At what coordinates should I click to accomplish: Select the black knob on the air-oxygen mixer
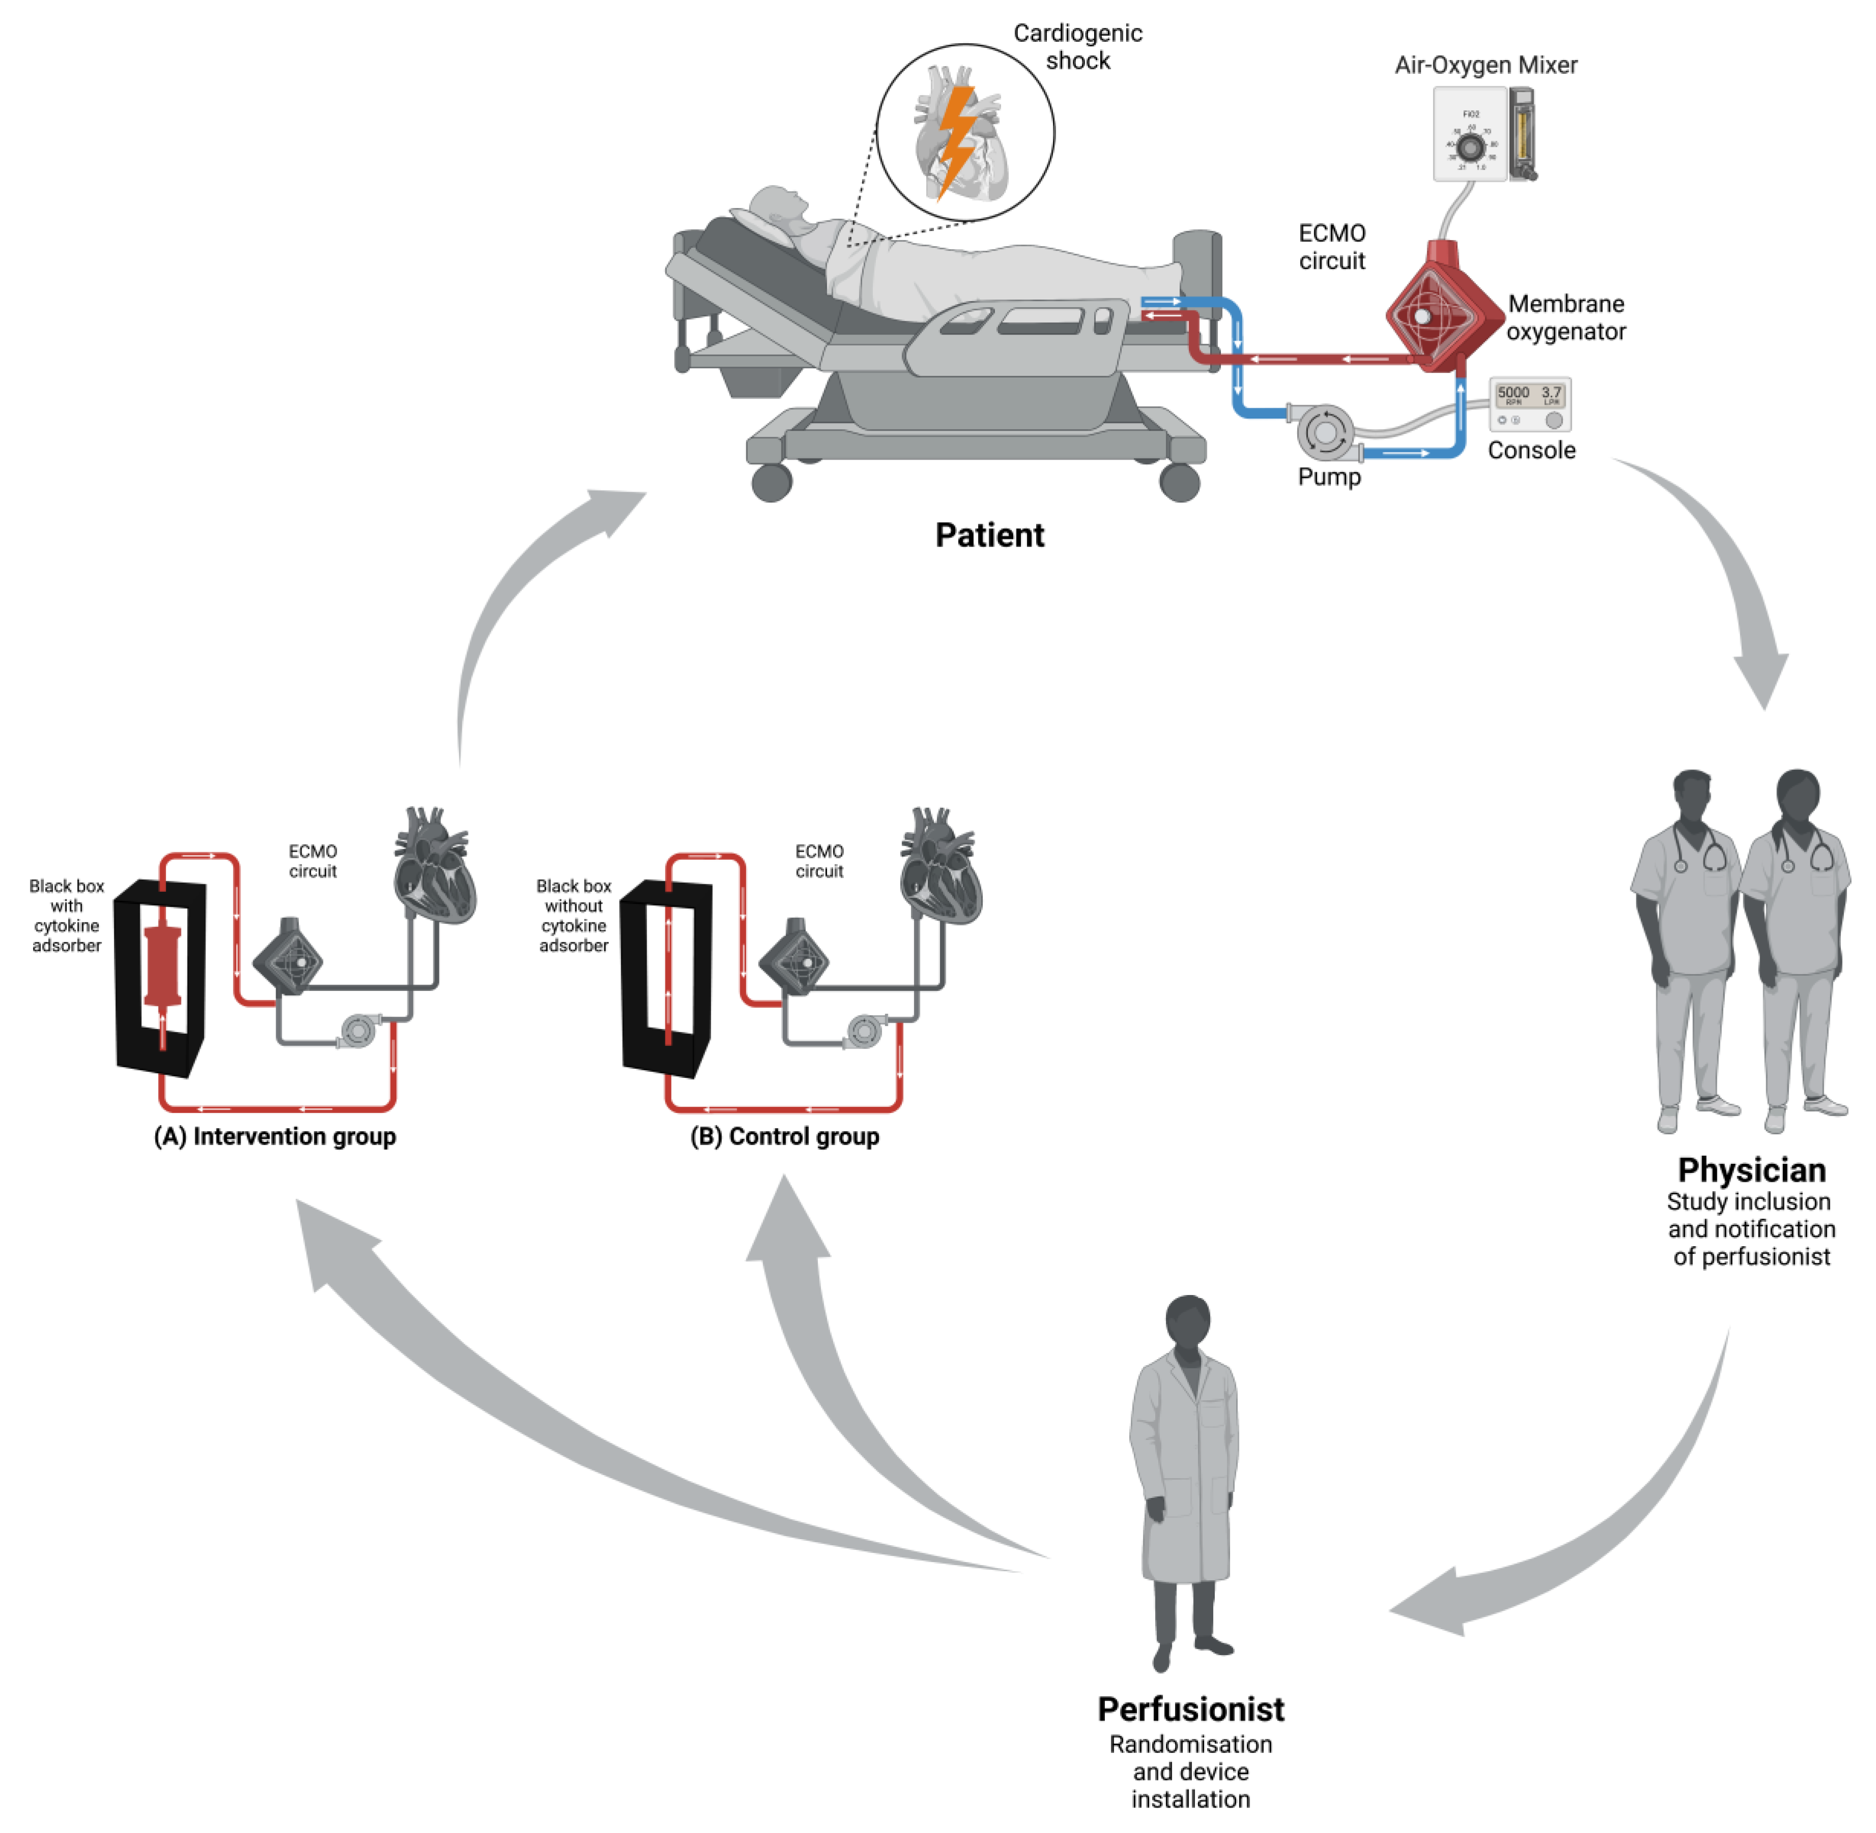pos(1469,147)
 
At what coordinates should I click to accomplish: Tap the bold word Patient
pos(989,535)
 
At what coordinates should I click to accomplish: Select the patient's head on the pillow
pos(775,207)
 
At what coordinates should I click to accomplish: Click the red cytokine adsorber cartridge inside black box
pos(162,967)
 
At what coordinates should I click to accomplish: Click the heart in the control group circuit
pos(939,866)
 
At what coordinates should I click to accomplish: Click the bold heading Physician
pos(1751,1169)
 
